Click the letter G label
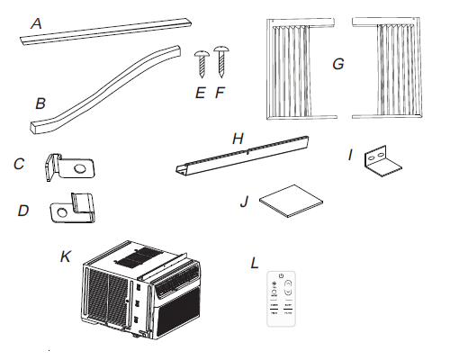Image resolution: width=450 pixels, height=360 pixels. [337, 64]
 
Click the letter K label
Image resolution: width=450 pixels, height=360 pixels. [64, 256]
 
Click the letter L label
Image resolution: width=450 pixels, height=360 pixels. [256, 263]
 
